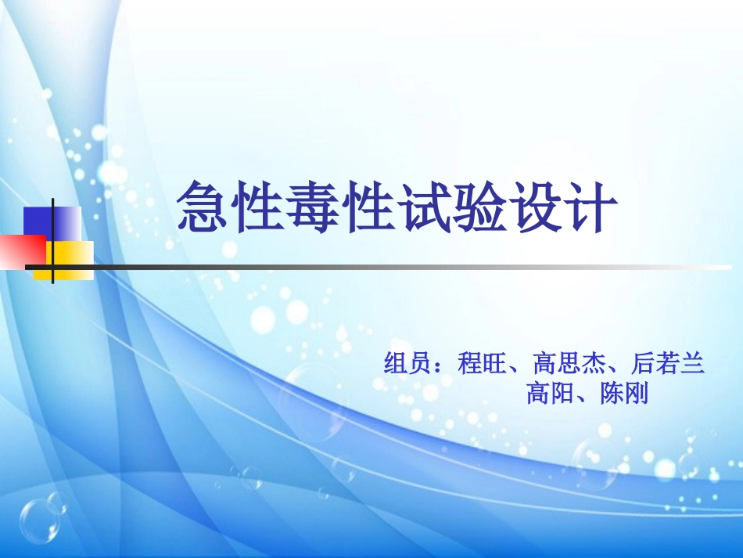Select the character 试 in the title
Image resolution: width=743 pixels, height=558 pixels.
(x=425, y=206)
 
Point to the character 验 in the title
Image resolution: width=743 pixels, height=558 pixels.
(x=479, y=206)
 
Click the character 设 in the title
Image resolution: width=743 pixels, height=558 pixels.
(x=535, y=206)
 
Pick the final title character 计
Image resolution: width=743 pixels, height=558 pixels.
(x=590, y=206)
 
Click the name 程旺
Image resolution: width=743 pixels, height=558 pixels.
(x=482, y=364)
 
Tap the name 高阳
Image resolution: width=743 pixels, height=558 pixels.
(x=551, y=393)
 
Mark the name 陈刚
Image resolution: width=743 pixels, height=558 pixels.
(x=625, y=393)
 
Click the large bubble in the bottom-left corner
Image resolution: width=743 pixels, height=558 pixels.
(x=38, y=520)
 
